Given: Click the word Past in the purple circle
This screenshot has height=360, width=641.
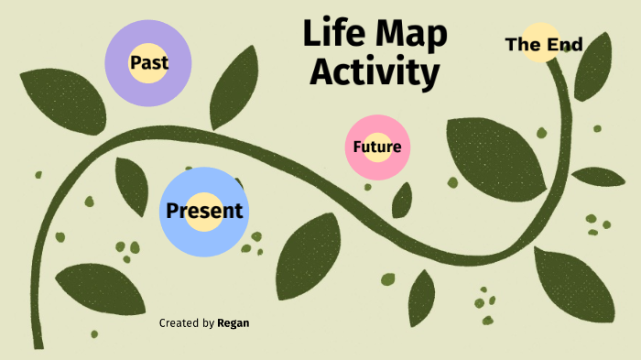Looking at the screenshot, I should point(147,63).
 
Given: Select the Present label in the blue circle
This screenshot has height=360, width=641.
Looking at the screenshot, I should point(204,211).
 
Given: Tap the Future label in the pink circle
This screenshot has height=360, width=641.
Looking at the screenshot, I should point(376,147).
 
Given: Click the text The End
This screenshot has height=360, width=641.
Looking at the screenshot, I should point(544,43).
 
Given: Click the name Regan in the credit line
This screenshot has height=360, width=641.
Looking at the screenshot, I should point(233,322).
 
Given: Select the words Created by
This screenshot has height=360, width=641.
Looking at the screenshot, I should point(187,322).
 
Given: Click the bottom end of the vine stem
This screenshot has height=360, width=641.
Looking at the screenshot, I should point(38,344).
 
